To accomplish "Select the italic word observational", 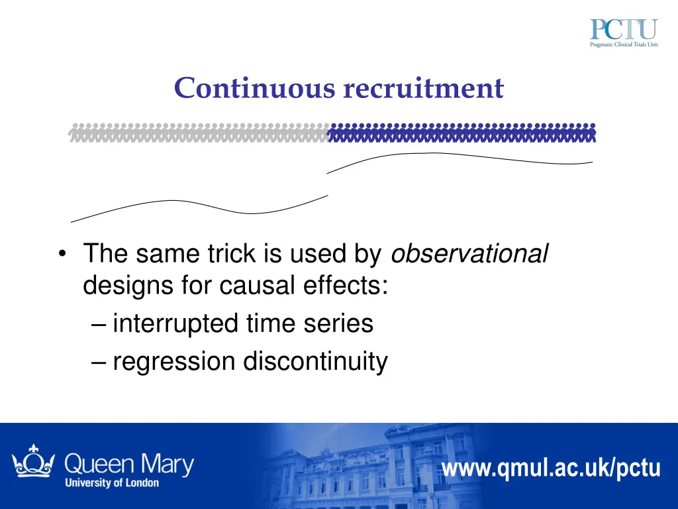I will pos(470,253).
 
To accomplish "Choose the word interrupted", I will pos(175,324).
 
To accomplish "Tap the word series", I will pos(341,324).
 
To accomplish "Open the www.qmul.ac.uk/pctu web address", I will pos(551,469).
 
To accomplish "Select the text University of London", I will pos(112,482).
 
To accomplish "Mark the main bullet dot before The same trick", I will pos(62,254).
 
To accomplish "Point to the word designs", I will pos(126,288).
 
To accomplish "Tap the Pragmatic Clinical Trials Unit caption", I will pos(623,44).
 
